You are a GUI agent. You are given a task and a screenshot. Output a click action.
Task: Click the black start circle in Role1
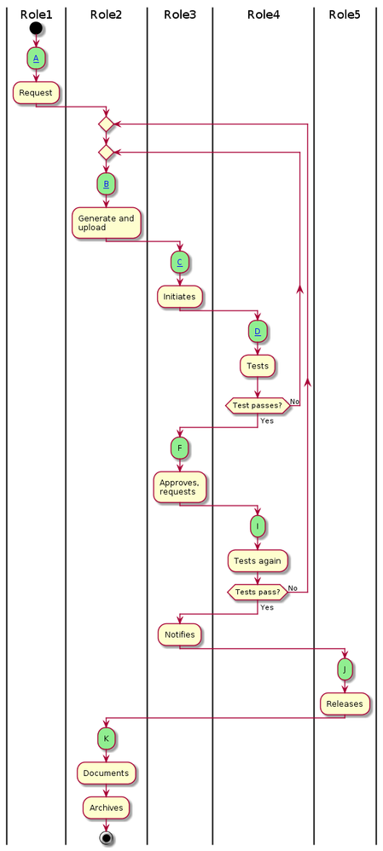36,28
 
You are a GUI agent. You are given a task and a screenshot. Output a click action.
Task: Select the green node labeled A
36,59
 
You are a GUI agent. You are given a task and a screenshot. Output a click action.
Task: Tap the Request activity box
36,91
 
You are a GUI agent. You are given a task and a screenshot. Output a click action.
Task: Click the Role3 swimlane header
179,14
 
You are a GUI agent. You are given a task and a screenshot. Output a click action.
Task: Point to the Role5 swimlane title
345,14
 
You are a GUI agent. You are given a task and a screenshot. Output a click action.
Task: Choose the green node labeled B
106,182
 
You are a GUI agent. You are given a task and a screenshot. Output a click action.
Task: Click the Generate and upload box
106,223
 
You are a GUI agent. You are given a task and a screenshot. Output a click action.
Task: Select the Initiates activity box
179,297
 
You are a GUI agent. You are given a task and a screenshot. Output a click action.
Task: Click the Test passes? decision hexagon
258,406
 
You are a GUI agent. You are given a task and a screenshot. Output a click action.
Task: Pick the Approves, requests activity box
179,487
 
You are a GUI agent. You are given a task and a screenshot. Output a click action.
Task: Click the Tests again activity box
258,560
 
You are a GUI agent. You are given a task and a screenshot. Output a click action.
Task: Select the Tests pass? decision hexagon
258,592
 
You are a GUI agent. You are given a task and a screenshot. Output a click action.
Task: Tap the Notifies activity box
179,634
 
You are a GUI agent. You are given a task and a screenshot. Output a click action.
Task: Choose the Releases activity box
345,704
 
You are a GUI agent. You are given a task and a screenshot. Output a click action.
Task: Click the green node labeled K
106,738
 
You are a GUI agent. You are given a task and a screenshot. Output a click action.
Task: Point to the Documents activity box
106,773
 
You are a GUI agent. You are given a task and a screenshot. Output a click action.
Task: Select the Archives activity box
106,808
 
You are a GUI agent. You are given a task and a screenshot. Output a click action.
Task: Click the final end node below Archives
106,837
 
